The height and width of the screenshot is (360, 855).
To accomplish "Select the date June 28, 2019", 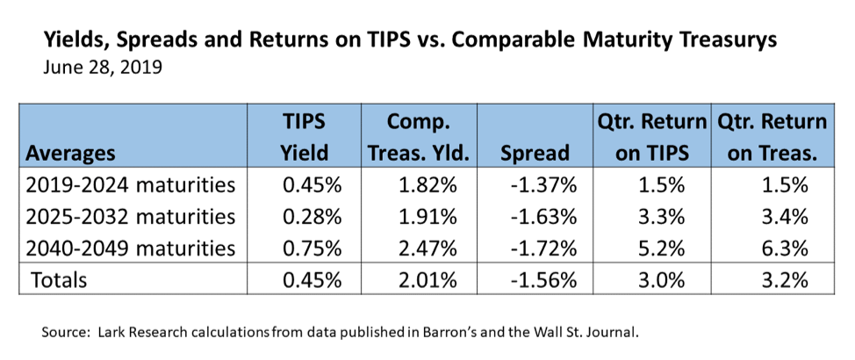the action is point(102,69).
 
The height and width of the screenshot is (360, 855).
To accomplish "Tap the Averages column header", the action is point(70,154).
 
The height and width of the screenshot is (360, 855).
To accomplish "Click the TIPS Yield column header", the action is point(305,137).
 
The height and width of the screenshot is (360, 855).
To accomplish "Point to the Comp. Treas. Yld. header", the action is point(418,137).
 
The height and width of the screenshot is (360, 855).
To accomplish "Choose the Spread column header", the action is point(535,153).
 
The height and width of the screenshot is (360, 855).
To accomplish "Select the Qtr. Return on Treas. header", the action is point(772,137).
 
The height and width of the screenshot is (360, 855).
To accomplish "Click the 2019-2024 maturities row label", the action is point(130,185).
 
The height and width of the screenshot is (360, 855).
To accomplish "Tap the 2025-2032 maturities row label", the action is point(130,217).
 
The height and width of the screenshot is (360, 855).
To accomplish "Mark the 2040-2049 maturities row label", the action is point(130,248).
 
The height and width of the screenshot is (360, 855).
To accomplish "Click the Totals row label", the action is point(58,280).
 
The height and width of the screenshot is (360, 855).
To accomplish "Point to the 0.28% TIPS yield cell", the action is point(312,217).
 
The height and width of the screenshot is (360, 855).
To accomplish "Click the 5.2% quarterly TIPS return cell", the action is point(661,248).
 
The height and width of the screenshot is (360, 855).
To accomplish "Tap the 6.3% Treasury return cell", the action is point(783,248).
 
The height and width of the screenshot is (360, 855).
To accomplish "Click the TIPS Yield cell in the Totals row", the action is point(312,280).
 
